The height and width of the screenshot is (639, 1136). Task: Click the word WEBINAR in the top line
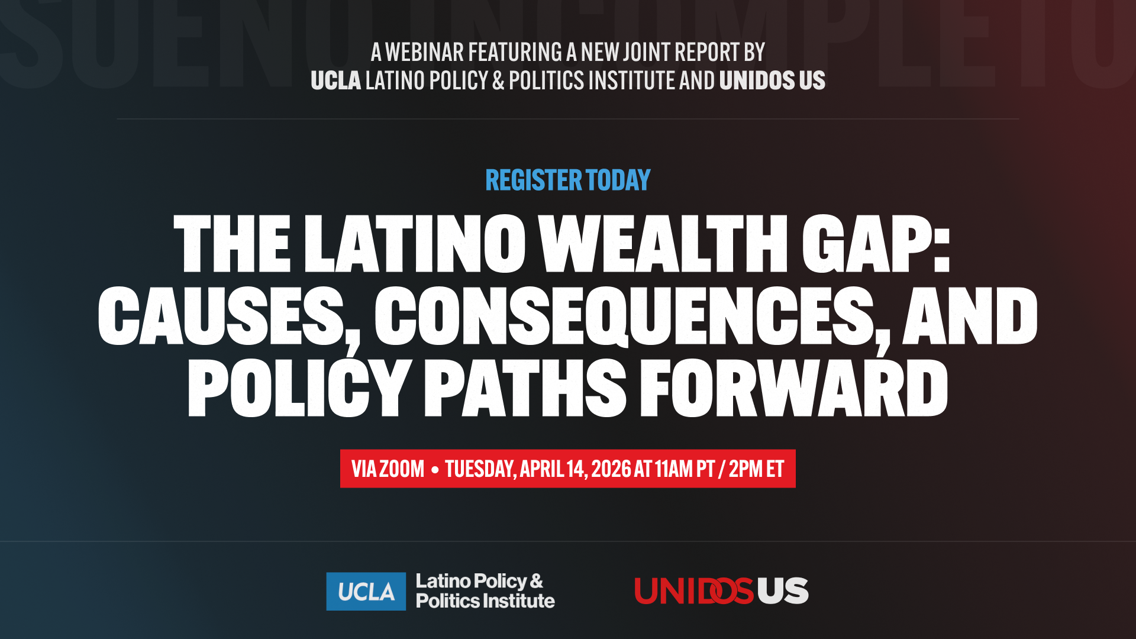(424, 53)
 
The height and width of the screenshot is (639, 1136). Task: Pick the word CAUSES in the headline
(222, 317)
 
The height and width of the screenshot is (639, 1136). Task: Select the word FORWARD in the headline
(794, 388)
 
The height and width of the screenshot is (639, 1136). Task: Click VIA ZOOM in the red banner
(388, 469)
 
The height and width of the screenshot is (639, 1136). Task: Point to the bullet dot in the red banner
(435, 470)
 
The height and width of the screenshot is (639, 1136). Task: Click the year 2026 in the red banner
(611, 469)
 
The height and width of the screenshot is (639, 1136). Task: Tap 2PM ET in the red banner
(756, 469)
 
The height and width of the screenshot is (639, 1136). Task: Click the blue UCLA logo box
(366, 591)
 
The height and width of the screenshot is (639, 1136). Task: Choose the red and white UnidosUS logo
(721, 591)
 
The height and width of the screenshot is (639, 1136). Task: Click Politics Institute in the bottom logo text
(485, 601)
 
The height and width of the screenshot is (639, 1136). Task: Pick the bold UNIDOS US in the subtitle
(772, 81)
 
